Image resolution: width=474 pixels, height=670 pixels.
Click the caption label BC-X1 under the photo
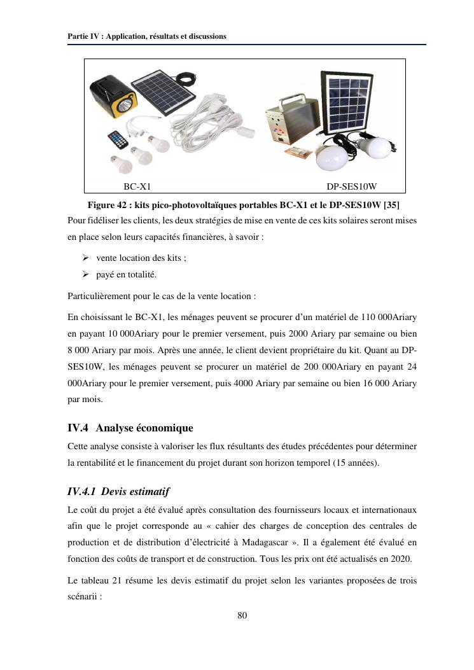(x=137, y=187)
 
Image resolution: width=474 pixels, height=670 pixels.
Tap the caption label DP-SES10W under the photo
(x=352, y=187)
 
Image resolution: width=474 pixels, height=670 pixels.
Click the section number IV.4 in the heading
(x=80, y=428)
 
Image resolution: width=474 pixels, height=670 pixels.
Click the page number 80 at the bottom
(x=242, y=615)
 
